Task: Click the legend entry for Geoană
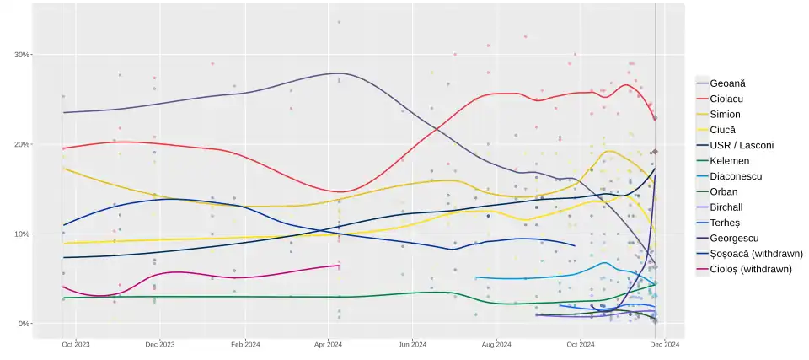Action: pyautogui.click(x=727, y=83)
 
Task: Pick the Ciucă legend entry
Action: pyautogui.click(x=722, y=130)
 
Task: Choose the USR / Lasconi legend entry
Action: pyautogui.click(x=742, y=145)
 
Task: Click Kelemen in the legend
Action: pyautogui.click(x=731, y=160)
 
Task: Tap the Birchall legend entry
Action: pyautogui.click(x=729, y=207)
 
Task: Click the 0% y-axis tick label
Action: pyautogui.click(x=24, y=324)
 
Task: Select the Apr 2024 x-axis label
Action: pyautogui.click(x=328, y=344)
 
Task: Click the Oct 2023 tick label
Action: pyautogui.click(x=75, y=344)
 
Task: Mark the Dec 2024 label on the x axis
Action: pyautogui.click(x=665, y=344)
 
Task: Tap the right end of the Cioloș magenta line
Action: pyautogui.click(x=340, y=266)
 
